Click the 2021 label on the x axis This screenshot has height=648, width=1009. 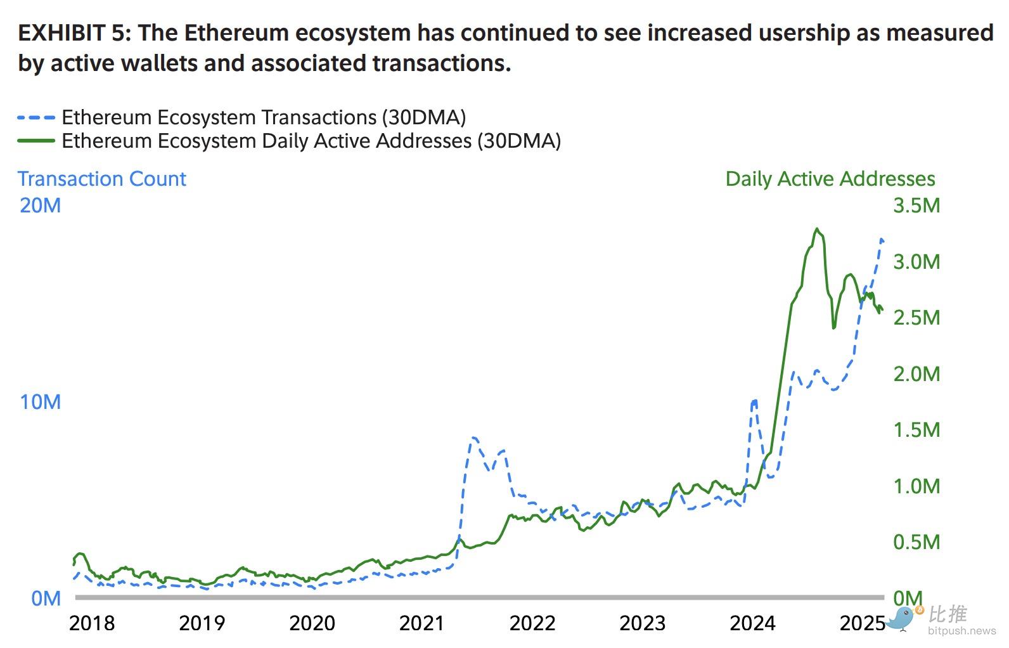pos(421,623)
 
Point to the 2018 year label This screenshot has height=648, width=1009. pos(92,623)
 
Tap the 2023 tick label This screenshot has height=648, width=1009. pos(642,623)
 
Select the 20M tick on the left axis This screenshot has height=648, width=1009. pos(40,205)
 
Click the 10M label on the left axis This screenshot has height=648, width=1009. pos(40,402)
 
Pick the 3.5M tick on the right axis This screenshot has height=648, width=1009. pos(916,205)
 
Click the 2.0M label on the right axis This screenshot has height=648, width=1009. pos(916,374)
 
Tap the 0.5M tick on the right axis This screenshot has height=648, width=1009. pos(916,542)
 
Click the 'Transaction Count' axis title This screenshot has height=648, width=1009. pos(101,179)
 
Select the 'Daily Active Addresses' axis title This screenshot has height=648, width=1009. pos(830,179)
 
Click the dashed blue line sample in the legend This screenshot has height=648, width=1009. pos(36,117)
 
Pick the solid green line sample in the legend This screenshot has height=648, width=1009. pos(36,140)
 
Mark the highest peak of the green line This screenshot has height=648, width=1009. pos(818,229)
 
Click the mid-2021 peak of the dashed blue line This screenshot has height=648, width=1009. pos(473,437)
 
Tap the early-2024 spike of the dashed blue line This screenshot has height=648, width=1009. pos(754,401)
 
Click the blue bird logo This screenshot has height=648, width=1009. pos(903,618)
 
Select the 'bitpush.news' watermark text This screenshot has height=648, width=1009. pos(961,631)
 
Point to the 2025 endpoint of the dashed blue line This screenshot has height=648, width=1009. pos(882,240)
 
